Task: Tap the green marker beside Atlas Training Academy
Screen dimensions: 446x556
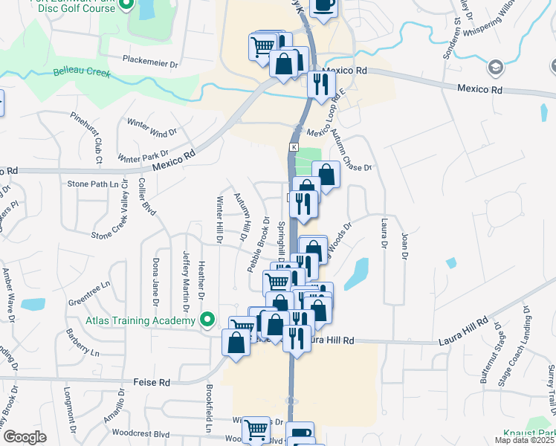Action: [x=208, y=320]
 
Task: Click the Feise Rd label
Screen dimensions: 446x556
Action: [x=152, y=382]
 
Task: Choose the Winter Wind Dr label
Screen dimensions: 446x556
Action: [x=152, y=127]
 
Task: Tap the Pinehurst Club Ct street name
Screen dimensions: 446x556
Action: [x=96, y=138]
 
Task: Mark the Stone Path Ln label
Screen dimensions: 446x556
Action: [x=93, y=184]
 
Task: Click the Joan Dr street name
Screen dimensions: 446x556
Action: [x=404, y=247]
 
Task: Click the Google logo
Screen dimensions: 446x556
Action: [x=24, y=437]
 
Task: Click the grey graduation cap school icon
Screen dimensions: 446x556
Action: [x=494, y=68]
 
